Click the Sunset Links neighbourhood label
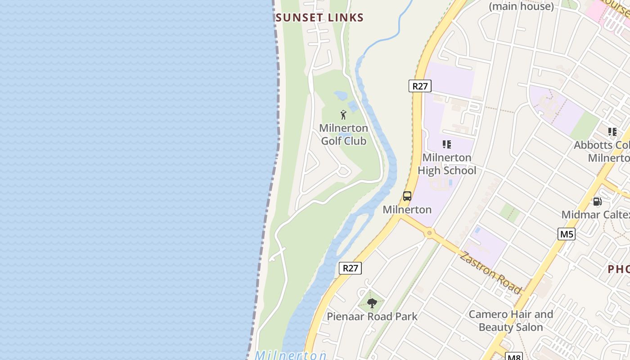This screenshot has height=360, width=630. click(x=319, y=18)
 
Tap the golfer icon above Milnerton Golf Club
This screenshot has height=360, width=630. click(x=343, y=115)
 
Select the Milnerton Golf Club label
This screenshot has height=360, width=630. click(x=343, y=135)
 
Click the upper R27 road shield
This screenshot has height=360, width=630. click(x=420, y=86)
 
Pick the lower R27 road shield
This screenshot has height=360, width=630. click(x=350, y=268)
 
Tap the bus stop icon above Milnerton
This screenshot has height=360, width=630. click(x=407, y=196)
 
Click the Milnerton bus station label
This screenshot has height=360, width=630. click(x=407, y=210)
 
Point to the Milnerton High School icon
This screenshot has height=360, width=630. click(x=446, y=144)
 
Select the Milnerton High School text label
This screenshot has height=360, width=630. click(x=447, y=164)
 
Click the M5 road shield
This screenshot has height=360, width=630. click(x=567, y=234)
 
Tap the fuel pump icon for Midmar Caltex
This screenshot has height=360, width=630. click(x=598, y=202)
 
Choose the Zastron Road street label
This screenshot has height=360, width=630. click(x=490, y=273)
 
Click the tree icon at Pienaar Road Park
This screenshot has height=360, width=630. click(x=372, y=303)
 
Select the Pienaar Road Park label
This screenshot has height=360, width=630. click(x=372, y=316)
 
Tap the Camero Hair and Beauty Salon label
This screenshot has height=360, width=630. click(x=511, y=320)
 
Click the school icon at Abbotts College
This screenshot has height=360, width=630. click(x=612, y=132)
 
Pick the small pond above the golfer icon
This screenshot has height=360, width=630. click(x=341, y=96)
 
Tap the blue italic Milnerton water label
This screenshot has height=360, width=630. click(x=291, y=355)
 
